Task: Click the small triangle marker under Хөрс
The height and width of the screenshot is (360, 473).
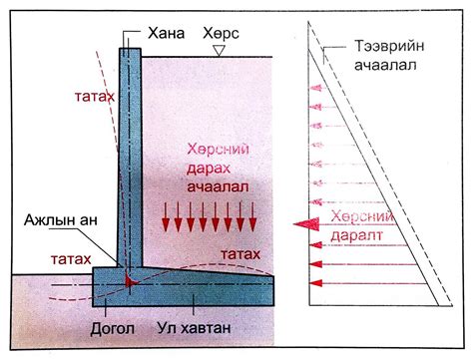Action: [x=229, y=49]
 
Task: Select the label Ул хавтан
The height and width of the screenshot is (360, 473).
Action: [x=197, y=326]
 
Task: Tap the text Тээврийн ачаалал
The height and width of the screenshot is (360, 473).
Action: [x=389, y=55]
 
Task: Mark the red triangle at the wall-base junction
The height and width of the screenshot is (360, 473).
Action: [x=130, y=285]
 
